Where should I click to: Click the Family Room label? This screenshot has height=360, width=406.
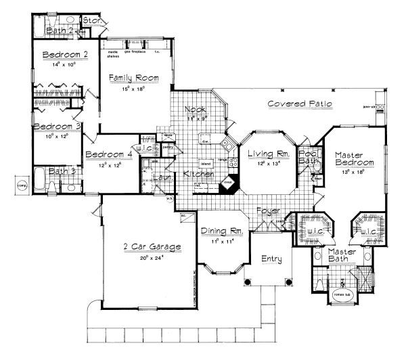pos(135,78)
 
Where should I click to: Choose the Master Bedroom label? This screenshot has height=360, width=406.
pos(354,158)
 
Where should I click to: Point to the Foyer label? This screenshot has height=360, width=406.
pos(268,211)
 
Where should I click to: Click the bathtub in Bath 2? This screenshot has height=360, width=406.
pos(41,29)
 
